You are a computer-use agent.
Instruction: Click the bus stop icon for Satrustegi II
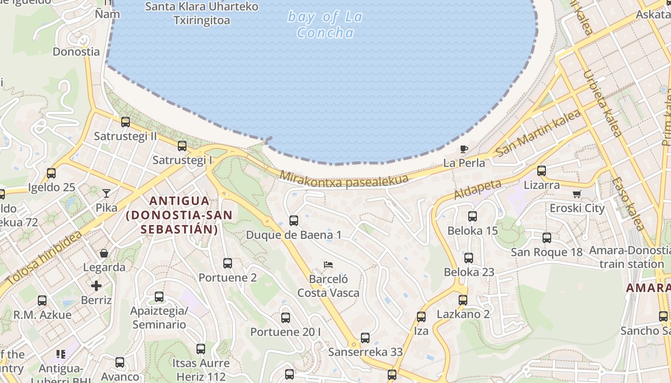point(126,122)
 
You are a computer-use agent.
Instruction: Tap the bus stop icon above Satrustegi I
point(182,146)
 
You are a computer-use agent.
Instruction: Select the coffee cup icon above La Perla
point(463,149)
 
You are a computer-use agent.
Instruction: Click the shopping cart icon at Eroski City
point(577,194)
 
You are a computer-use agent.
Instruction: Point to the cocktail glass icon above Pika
point(106,193)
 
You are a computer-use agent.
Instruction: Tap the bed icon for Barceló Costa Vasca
point(328,264)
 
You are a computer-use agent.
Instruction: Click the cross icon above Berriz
point(96,286)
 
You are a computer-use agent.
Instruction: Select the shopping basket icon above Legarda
point(104,253)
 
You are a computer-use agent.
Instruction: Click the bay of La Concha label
point(325,25)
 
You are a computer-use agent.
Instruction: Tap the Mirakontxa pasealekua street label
point(344,179)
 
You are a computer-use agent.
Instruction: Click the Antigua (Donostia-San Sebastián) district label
point(179,215)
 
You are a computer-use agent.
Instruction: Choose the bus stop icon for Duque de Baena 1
point(294,221)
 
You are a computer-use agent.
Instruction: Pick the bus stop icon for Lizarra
point(542,171)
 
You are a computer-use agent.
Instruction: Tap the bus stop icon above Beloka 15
point(473,216)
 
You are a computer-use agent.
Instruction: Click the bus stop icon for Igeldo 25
point(51,173)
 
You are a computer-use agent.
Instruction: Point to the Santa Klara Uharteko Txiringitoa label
point(202,13)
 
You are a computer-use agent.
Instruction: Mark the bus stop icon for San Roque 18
point(547,238)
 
